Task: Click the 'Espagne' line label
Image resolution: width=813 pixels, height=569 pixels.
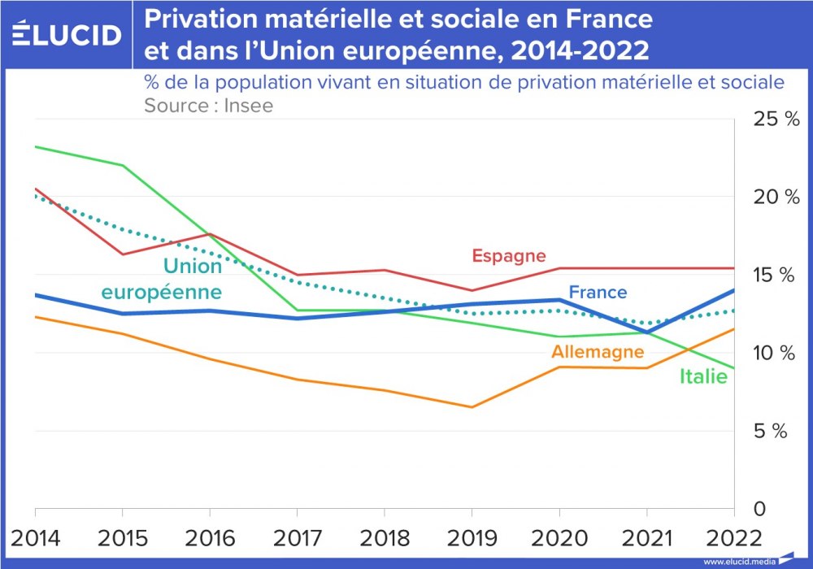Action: [x=509, y=256]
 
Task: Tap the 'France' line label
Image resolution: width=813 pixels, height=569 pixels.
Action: [x=598, y=292]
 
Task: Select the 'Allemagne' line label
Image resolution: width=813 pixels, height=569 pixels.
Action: [x=598, y=352]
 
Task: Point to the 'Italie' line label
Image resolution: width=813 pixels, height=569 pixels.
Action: [x=703, y=376]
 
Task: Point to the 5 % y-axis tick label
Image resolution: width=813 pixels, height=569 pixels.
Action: [x=771, y=432]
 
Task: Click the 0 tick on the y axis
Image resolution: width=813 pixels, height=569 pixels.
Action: [x=759, y=509]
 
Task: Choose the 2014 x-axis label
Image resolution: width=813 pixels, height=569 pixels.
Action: [x=35, y=538]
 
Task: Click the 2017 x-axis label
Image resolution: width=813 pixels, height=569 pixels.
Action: [x=298, y=538]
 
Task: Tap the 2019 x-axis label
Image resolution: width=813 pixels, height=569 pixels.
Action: [x=472, y=538]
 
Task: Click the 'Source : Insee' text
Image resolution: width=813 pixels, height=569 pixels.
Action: [x=208, y=106]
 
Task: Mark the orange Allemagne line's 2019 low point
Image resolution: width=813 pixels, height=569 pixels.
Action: [x=472, y=407]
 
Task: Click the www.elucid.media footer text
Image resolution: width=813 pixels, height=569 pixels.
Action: [x=739, y=562]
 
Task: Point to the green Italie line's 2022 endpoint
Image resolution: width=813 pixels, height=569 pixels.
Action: [x=733, y=368]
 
